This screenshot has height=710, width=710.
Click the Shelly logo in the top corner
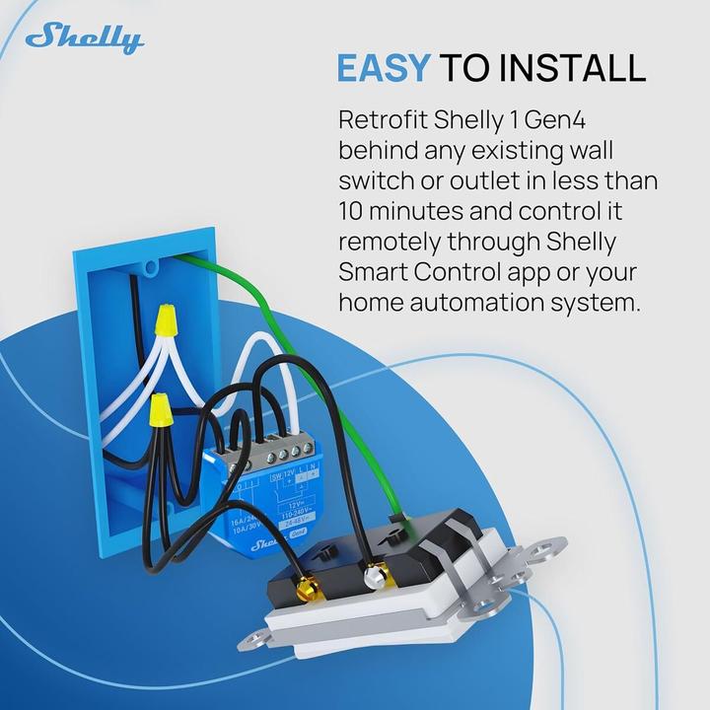point(84,39)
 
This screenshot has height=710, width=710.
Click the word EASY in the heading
point(384,67)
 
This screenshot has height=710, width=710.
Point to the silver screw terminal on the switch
point(374,571)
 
